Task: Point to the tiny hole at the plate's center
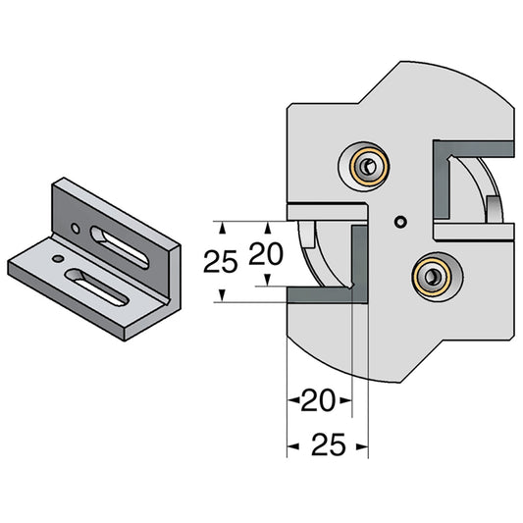click(398, 223)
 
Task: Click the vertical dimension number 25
click(223, 262)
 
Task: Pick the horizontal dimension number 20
click(319, 399)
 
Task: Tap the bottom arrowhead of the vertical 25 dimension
click(223, 294)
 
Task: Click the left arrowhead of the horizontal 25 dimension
click(291, 446)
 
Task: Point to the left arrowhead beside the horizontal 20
click(291, 399)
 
